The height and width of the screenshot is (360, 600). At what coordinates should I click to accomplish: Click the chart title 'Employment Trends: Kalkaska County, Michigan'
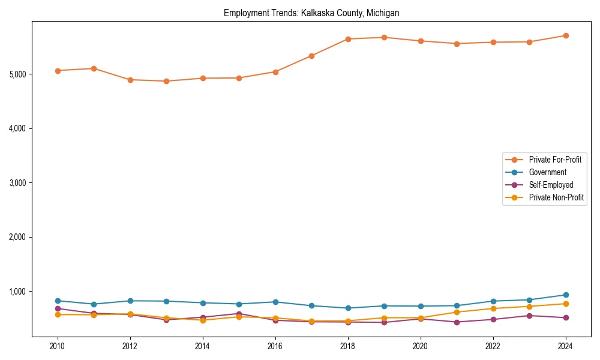pos(311,13)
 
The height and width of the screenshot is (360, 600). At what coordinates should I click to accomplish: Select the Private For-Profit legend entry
pos(554,160)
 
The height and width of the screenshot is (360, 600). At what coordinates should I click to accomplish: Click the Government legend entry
pos(547,172)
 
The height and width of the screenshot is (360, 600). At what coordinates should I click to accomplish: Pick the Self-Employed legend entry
pos(551,185)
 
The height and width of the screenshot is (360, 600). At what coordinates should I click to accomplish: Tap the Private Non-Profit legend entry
pos(556,197)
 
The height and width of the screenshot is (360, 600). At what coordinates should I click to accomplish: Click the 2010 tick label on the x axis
pos(58,346)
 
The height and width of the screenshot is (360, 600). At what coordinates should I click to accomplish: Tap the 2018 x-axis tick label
pos(348,346)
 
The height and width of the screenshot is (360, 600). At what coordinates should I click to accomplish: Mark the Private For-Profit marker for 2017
pos(311,56)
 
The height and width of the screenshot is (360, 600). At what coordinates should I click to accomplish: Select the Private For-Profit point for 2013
pos(166,81)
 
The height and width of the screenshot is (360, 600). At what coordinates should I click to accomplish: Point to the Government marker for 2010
pos(58,301)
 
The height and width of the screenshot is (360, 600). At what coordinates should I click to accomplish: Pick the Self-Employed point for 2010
pos(58,308)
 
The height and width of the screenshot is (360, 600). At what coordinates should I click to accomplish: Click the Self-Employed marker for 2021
pos(457,322)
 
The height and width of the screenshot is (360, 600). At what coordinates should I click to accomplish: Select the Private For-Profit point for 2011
pos(94,68)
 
